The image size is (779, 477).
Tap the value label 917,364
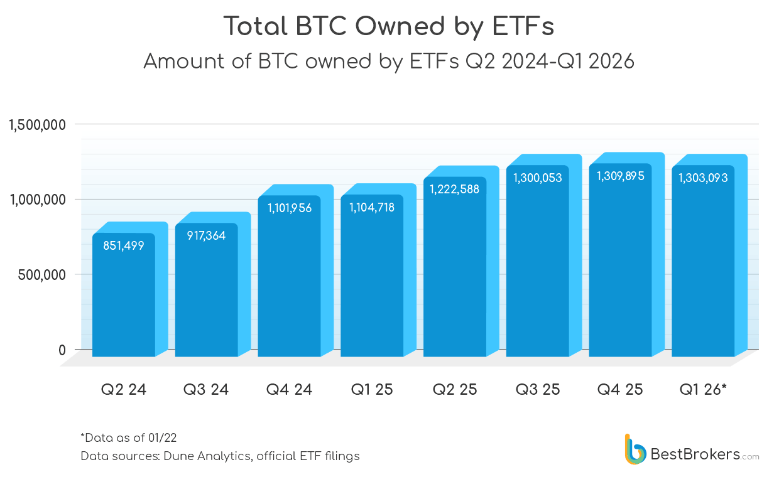pos(206,236)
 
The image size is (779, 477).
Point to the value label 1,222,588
pos(454,189)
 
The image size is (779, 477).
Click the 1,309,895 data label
pos(620,176)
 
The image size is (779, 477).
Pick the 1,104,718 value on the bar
pos(372,207)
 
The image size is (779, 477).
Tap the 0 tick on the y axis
pos(62,350)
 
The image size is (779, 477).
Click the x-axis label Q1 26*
pos(703,390)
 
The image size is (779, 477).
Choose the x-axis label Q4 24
pos(289,390)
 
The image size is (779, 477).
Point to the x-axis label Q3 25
pos(538,390)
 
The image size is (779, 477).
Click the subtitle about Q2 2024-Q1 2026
pos(389,62)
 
